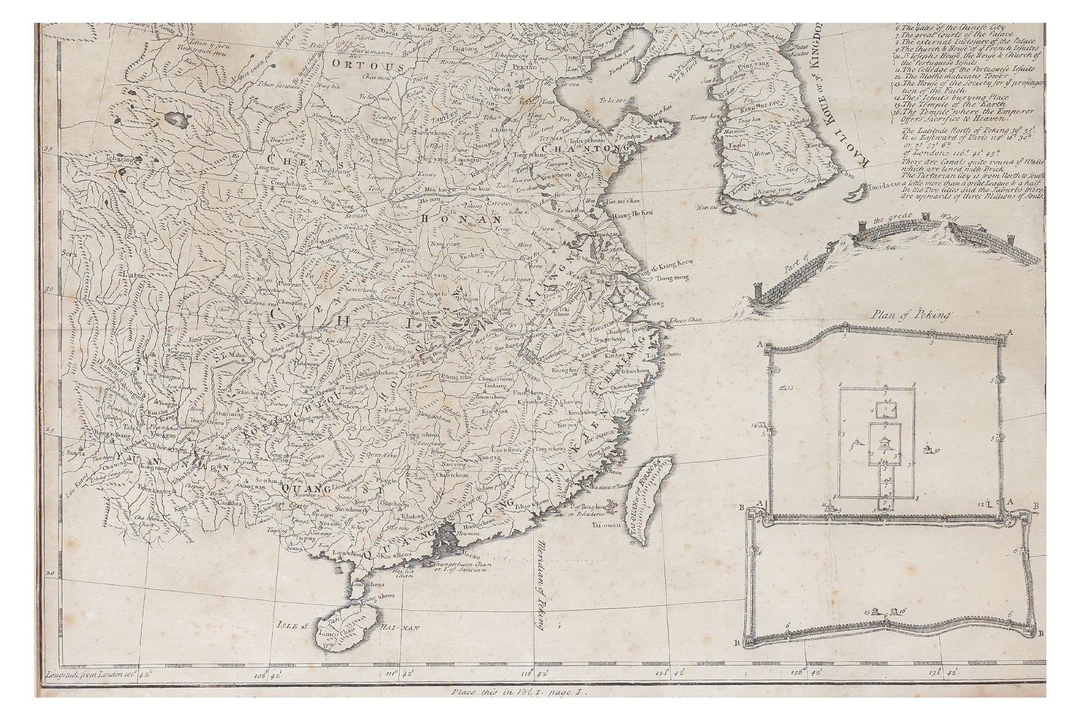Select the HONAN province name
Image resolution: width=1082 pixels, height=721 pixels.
(x=447, y=219)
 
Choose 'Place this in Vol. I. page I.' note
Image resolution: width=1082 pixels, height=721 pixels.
(x=516, y=694)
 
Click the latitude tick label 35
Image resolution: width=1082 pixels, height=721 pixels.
(x=49, y=149)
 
